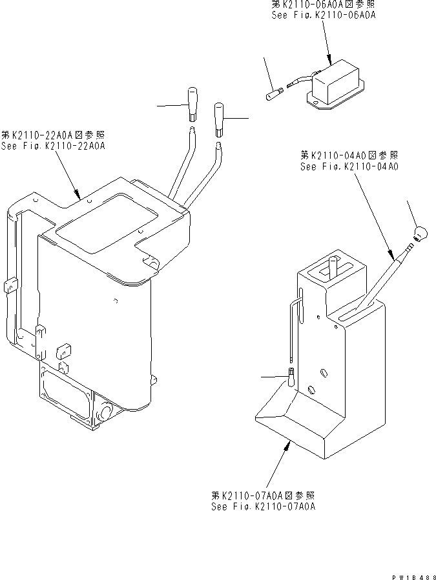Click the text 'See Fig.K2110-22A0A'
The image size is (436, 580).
(x=53, y=146)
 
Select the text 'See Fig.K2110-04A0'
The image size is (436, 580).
(x=349, y=166)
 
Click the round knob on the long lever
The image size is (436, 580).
(x=420, y=233)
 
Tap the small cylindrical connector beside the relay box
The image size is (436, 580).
(x=271, y=95)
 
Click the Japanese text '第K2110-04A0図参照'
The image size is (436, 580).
(x=349, y=155)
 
